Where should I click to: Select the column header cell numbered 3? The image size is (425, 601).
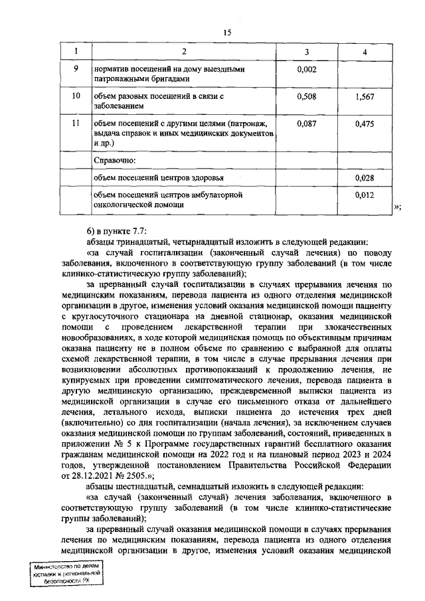(306, 52)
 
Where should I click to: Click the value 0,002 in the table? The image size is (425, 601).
(306, 69)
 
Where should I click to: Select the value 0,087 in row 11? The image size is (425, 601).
(306, 124)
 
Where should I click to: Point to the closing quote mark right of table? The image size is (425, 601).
(398, 207)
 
